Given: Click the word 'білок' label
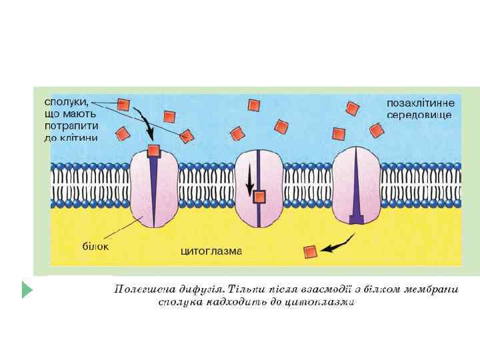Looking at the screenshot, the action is [x=95, y=245].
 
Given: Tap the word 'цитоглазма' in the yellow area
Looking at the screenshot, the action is [x=212, y=251].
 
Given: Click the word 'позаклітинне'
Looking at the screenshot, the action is [x=420, y=103].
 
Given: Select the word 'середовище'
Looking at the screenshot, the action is [x=419, y=115].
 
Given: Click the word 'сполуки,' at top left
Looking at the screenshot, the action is [x=65, y=102].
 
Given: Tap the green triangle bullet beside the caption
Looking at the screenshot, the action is [x=27, y=289].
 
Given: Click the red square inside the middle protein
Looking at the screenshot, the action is [x=259, y=196].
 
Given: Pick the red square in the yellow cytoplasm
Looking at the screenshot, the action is [x=310, y=251].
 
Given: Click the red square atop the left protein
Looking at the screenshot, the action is [x=153, y=150].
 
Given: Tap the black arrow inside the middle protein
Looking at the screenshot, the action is [x=250, y=178].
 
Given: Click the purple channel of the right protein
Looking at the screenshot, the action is [x=357, y=190].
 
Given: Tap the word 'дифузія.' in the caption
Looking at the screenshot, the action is [x=199, y=289].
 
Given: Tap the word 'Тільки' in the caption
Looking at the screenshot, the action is [x=246, y=289].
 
